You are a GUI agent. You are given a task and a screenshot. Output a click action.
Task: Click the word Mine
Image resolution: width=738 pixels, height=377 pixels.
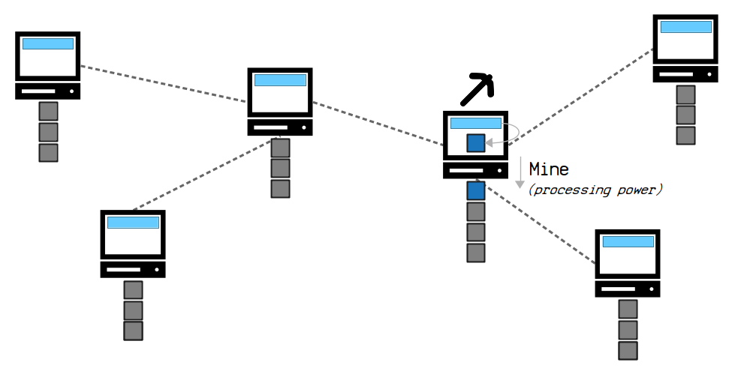pos(549,169)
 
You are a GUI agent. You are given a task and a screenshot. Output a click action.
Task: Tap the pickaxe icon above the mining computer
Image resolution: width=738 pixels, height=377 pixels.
pos(477,88)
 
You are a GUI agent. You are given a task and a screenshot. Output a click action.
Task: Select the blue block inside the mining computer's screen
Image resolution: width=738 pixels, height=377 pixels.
pos(476,143)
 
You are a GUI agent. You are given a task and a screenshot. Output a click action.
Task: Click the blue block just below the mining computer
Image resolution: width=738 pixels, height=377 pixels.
pos(476,191)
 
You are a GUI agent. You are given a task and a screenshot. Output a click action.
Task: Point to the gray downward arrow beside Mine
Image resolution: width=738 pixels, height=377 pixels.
pos(520,172)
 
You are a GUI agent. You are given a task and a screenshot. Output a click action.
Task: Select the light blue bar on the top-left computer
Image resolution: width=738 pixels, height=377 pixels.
pos(48,43)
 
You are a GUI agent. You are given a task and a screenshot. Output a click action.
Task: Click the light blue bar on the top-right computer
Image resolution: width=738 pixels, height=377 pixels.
pos(685,27)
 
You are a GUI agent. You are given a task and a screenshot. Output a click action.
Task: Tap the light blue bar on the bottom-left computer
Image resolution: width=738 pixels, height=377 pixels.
pos(133,223)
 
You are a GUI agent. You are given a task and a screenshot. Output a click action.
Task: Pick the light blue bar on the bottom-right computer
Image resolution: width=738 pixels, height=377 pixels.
pos(628,241)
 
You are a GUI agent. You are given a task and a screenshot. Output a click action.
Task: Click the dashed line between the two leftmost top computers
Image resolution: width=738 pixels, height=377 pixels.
pos(164,84)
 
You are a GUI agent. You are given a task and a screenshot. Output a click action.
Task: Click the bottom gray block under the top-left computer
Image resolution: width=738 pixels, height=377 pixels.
pos(49,153)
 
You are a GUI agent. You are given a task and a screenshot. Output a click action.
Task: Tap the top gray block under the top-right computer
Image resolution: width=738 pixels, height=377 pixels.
pos(685,94)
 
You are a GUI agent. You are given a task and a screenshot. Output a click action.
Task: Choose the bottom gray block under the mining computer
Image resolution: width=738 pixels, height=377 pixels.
pos(476,253)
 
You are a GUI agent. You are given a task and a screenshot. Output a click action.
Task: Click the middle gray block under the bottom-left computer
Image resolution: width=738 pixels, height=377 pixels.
pos(133,311)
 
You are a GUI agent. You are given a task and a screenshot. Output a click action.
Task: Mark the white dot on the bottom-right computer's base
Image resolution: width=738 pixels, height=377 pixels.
pos(652,289)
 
